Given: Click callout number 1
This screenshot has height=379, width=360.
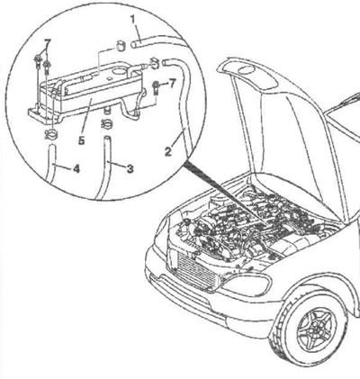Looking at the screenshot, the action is [133, 20].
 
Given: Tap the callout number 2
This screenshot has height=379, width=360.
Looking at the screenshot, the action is [168, 151].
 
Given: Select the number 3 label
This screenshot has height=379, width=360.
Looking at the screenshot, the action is [130, 168].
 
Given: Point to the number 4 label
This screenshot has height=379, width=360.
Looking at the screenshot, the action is [76, 169].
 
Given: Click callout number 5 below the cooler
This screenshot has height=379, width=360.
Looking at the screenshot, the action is [82, 140].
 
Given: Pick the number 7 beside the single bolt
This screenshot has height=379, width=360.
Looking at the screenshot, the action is [171, 84].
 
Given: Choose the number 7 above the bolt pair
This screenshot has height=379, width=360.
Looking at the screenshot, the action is [47, 44].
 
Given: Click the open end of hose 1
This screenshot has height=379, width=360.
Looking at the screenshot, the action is [134, 44].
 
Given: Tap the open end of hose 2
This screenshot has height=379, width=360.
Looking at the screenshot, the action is [166, 62].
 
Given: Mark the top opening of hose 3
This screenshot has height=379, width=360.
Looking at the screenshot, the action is [107, 139].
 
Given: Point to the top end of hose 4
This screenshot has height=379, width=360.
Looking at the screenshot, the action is [52, 146].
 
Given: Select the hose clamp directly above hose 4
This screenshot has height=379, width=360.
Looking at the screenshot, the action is [52, 134].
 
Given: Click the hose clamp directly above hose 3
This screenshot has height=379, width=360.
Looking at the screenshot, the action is [106, 124].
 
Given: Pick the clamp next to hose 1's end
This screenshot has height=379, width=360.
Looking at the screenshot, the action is [121, 46].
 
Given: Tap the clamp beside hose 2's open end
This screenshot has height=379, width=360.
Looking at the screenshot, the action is [154, 63].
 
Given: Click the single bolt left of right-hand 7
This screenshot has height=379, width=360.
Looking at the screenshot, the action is [157, 87].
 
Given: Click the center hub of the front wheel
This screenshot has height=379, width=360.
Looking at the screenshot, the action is [316, 328].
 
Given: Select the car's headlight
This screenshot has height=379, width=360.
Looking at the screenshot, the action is [247, 285].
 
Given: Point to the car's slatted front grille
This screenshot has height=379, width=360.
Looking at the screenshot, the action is [197, 271].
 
